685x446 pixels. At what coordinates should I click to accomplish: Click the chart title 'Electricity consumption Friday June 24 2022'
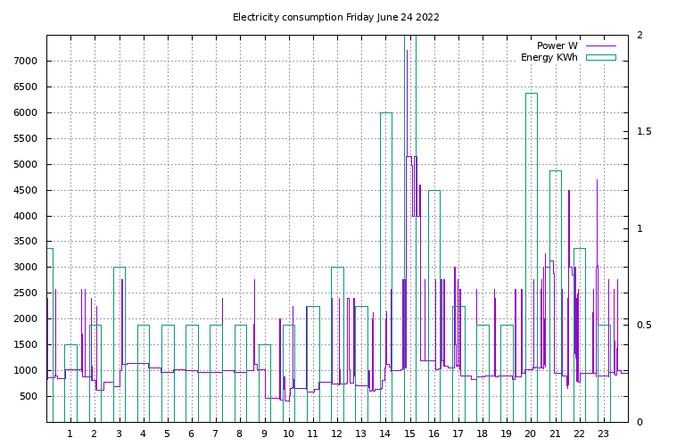pyautogui.click(x=335, y=17)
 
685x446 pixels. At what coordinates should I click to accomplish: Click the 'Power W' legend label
pyautogui.click(x=557, y=45)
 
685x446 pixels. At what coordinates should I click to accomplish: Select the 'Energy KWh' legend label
pyautogui.click(x=549, y=57)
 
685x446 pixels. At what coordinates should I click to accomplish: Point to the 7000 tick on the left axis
pyautogui.click(x=27, y=61)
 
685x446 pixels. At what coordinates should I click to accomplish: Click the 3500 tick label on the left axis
pyautogui.click(x=27, y=242)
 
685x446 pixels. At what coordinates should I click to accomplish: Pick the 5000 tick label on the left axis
pyautogui.click(x=27, y=164)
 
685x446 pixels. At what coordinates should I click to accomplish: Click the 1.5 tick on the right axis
pyautogui.click(x=644, y=132)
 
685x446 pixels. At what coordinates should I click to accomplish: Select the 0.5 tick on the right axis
pyautogui.click(x=644, y=326)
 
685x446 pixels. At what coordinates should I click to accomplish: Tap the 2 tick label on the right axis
pyautogui.click(x=640, y=35)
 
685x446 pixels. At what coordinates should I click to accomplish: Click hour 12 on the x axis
pyautogui.click(x=337, y=434)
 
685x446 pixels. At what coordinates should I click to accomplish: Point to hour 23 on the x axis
pyautogui.click(x=604, y=434)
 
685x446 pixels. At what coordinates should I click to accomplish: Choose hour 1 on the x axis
pyautogui.click(x=70, y=434)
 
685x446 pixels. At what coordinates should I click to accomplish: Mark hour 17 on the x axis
pyautogui.click(x=458, y=434)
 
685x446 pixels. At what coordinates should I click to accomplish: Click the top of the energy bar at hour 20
pyautogui.click(x=532, y=93)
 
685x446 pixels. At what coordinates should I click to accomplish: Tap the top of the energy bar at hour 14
pyautogui.click(x=386, y=112)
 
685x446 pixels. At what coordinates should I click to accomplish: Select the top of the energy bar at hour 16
pyautogui.click(x=434, y=190)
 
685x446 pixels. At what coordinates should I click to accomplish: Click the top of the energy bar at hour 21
pyautogui.click(x=556, y=170)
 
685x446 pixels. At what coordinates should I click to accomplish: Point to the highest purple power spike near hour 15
pyautogui.click(x=408, y=50)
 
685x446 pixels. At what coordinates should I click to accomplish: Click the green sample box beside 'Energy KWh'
pyautogui.click(x=600, y=57)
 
